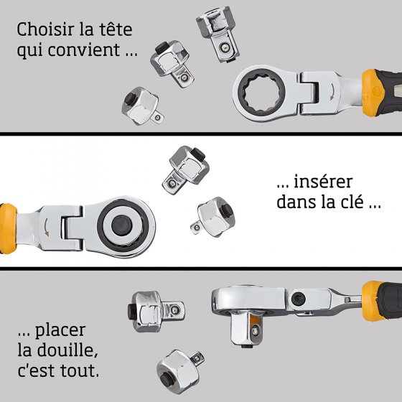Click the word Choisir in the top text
pyautogui.click(x=45, y=29)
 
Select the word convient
pyautogui.click(x=84, y=50)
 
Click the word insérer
pyautogui.click(x=323, y=182)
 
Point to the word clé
pyautogui.click(x=353, y=202)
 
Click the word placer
pyautogui.click(x=60, y=331)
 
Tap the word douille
pyautogui.click(x=67, y=350)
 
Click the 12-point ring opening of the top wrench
pyautogui.click(x=261, y=93)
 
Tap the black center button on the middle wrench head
pyautogui.click(x=122, y=225)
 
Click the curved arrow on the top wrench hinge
pyautogui.click(x=332, y=92)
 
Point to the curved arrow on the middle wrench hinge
pyautogui.click(x=46, y=227)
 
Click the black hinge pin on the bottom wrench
pyautogui.click(x=298, y=299)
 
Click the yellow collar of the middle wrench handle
pyautogui.click(x=8, y=229)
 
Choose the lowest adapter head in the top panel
pyautogui.click(x=142, y=106)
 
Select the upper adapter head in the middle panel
pyautogui.click(x=185, y=169)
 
